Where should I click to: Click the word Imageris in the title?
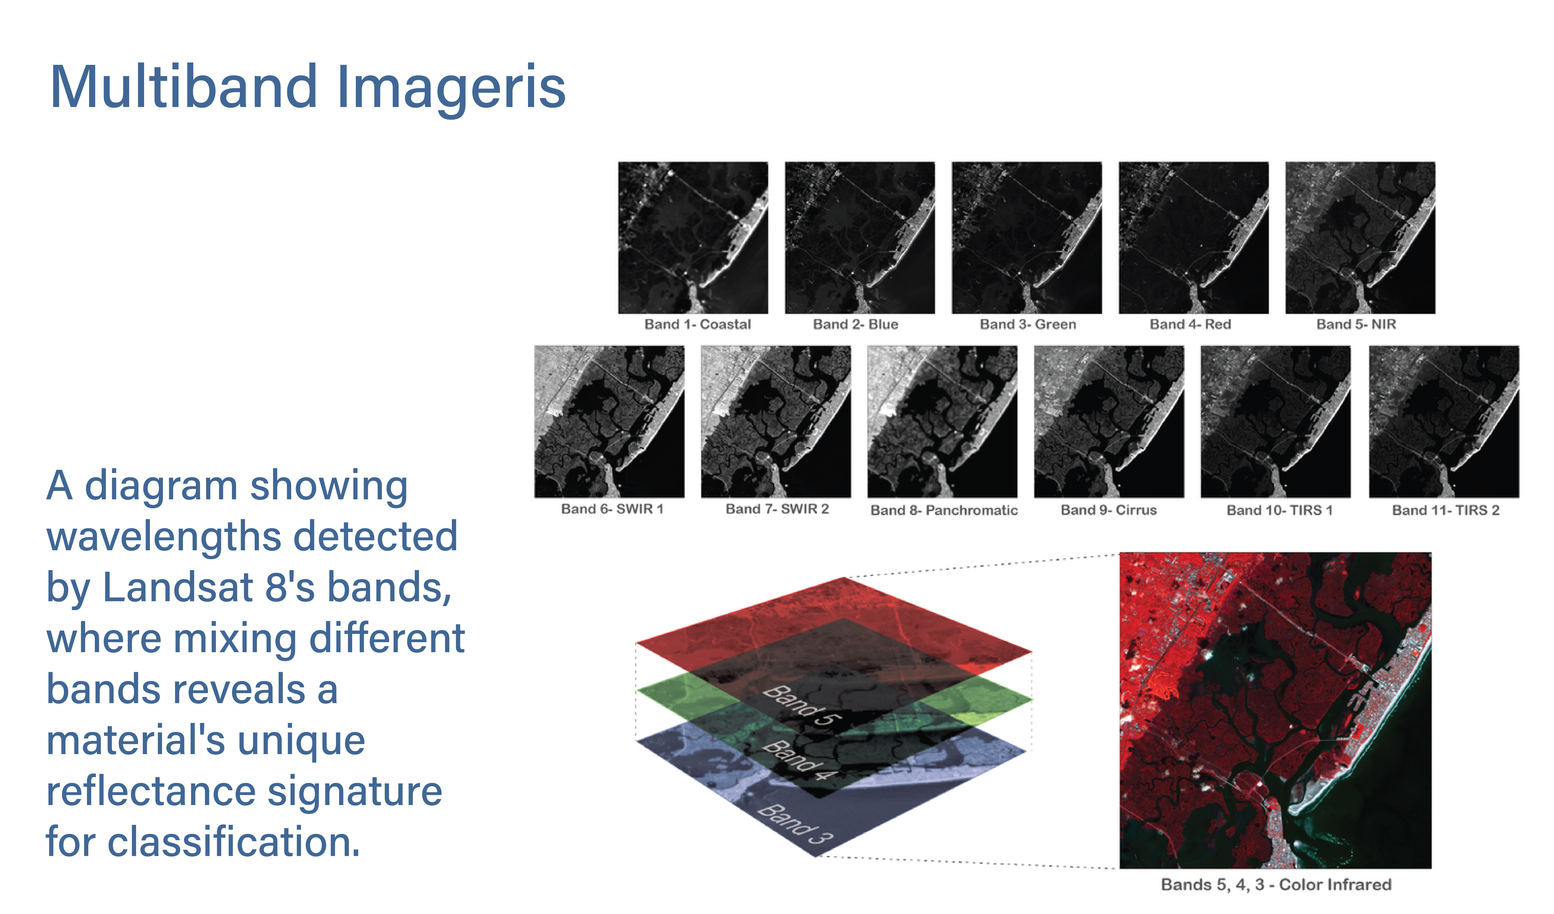(x=451, y=90)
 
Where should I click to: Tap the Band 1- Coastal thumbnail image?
(x=693, y=238)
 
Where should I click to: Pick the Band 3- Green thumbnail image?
(x=1027, y=238)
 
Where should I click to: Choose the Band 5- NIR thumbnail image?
(x=1360, y=238)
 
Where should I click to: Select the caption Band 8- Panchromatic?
(x=944, y=510)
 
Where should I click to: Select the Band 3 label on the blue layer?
(x=795, y=824)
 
